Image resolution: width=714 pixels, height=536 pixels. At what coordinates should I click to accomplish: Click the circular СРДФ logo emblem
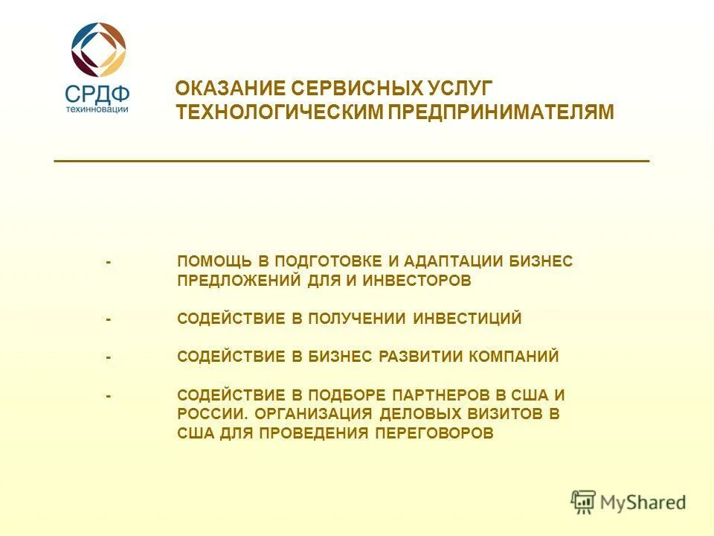98,48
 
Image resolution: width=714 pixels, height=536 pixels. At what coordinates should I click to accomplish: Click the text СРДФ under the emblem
97,94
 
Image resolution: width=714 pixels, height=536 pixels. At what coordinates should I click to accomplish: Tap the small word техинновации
97,109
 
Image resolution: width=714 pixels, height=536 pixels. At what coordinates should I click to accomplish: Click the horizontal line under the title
351,161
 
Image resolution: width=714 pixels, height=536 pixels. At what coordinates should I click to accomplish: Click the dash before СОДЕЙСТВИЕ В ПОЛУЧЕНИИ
109,319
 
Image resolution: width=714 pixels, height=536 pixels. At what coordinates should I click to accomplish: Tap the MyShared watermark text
643,502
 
